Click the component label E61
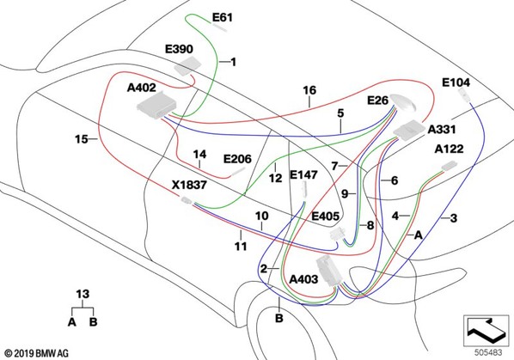[223, 17]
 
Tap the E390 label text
[179, 49]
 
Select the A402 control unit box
[156, 105]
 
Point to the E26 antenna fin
[404, 102]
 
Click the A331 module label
[442, 130]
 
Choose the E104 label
[456, 82]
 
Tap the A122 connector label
[449, 149]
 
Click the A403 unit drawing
[329, 270]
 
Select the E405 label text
[325, 217]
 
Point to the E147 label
[303, 174]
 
